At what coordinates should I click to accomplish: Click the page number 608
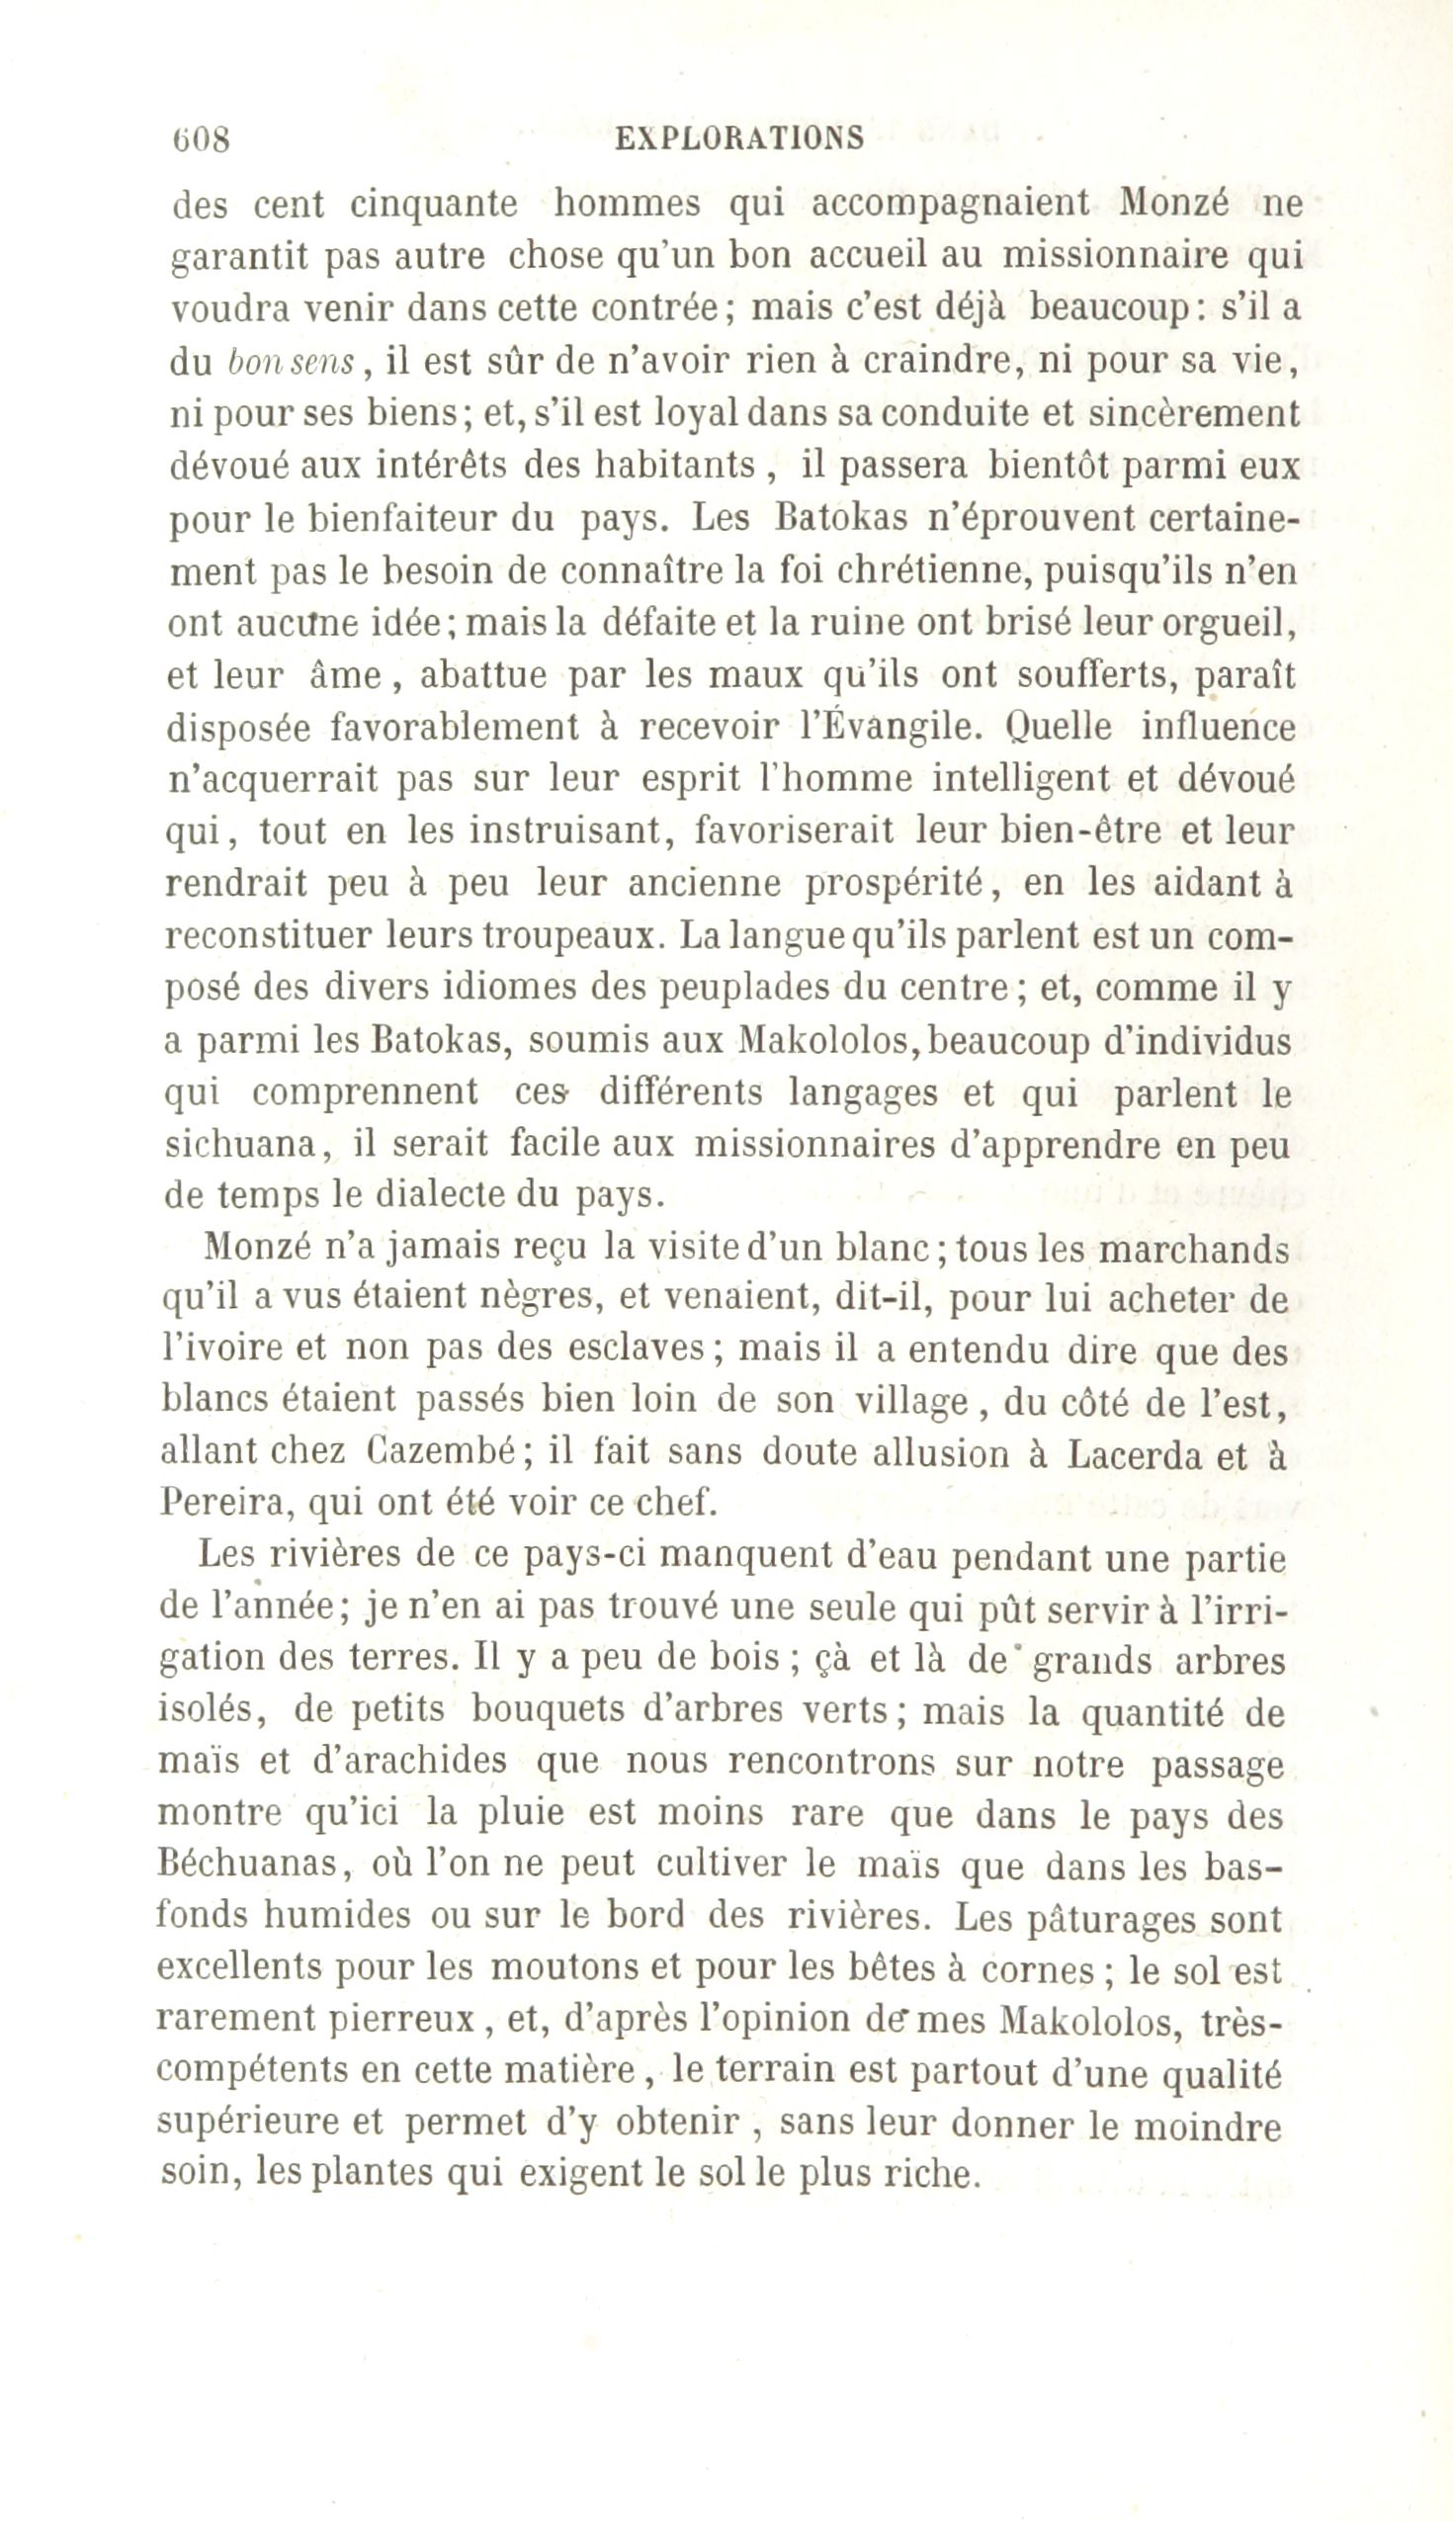click(202, 136)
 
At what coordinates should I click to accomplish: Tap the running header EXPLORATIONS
click(740, 136)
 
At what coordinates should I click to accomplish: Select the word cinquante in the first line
click(434, 206)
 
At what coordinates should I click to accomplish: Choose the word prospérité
click(897, 883)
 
